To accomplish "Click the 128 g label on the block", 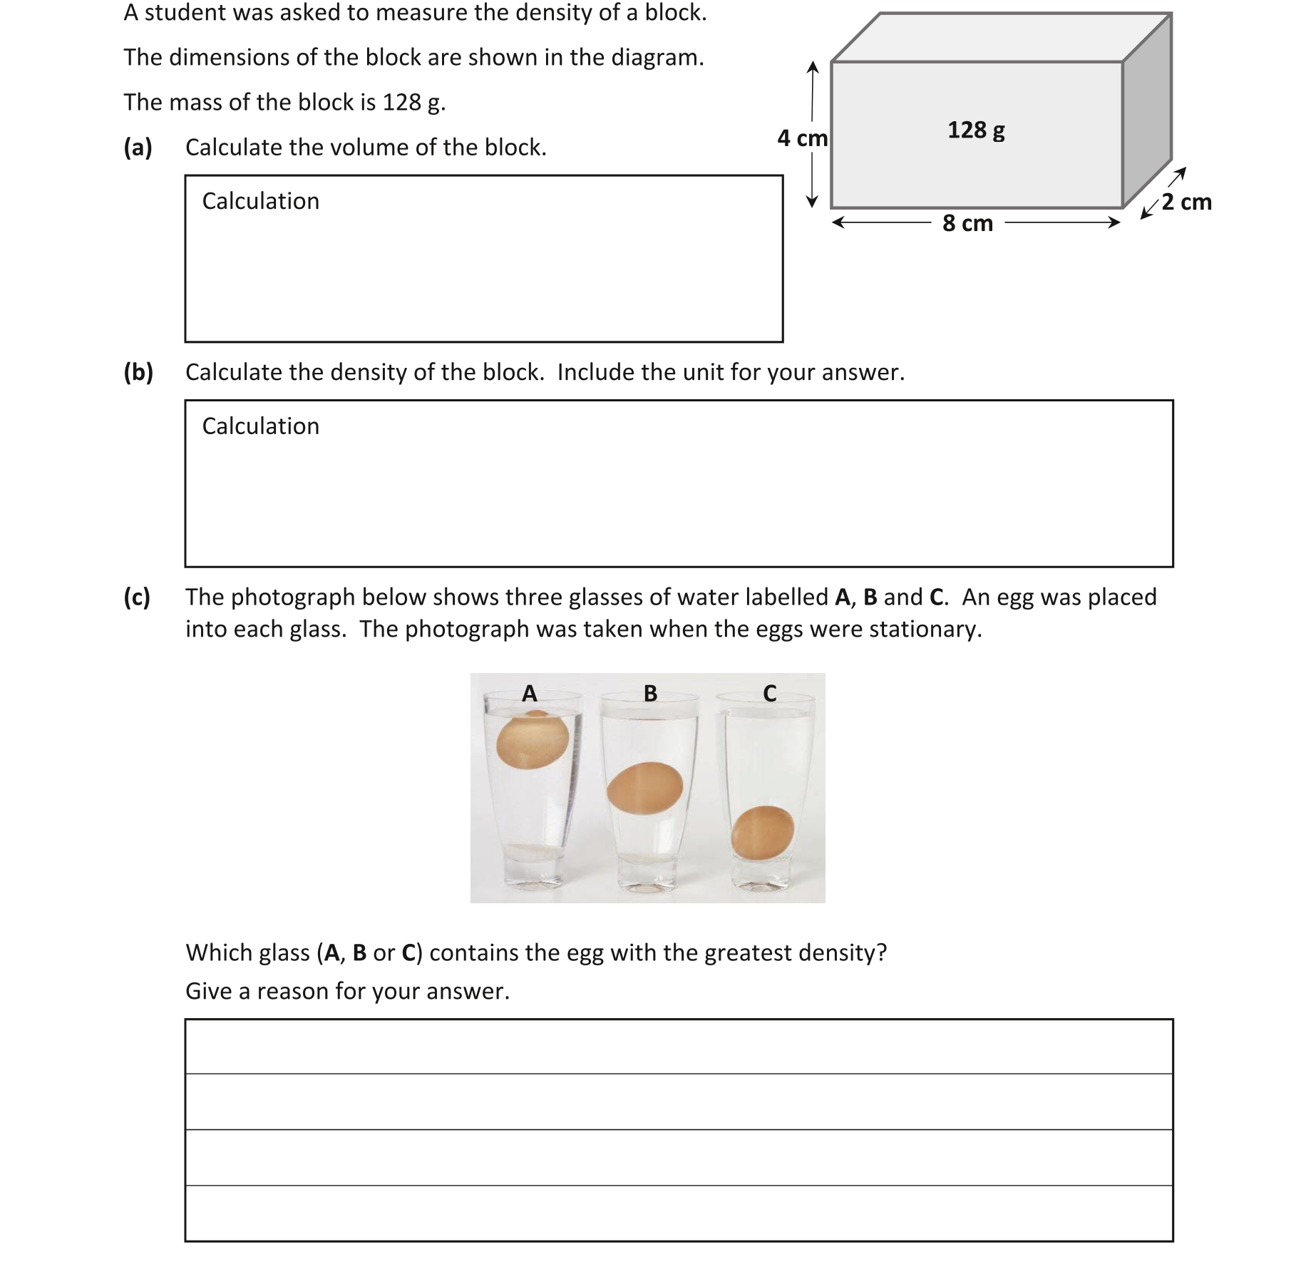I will tap(976, 130).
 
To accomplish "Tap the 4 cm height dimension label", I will tap(802, 138).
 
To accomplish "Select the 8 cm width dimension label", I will tap(967, 223).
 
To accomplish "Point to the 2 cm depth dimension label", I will tap(1186, 202).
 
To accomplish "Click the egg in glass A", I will tap(533, 742).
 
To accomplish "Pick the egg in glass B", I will tap(644, 787).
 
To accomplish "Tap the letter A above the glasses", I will tap(529, 693).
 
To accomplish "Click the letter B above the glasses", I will tap(650, 693).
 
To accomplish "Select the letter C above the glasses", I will tap(769, 693).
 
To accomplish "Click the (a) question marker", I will tap(138, 148).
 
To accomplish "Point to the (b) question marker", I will tap(138, 372).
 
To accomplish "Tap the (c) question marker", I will tap(137, 597).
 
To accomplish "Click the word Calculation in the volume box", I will tap(260, 201).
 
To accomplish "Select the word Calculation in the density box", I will tap(260, 426).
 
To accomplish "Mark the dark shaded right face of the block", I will tap(1147, 114).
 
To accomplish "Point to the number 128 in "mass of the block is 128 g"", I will tap(401, 103).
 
